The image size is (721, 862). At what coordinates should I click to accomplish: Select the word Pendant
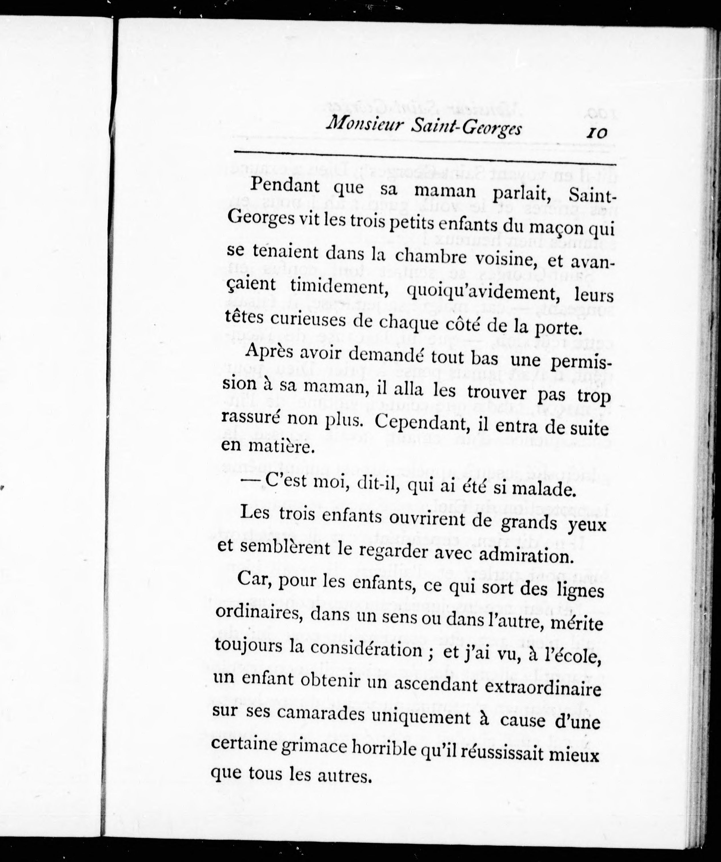285,185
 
